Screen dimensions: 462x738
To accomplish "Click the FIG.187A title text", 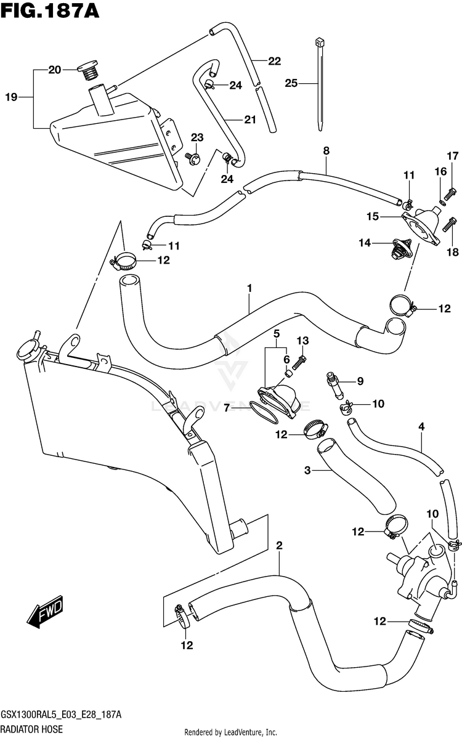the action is pos(50,10).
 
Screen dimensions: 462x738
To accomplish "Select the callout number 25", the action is pos(291,83).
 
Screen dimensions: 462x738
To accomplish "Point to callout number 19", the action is pos(11,97).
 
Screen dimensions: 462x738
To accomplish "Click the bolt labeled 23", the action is pos(193,156).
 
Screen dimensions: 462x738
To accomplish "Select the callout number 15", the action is pos(373,216).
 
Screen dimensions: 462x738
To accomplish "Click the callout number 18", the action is pos(453,253).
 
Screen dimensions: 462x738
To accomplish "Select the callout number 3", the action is pos(307,470).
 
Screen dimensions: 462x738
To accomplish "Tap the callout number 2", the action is pos(279,546).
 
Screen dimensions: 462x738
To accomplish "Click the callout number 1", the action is pos(249,288).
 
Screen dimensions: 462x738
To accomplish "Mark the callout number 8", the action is pos(326,151).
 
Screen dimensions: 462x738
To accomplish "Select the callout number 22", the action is pos(274,61).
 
